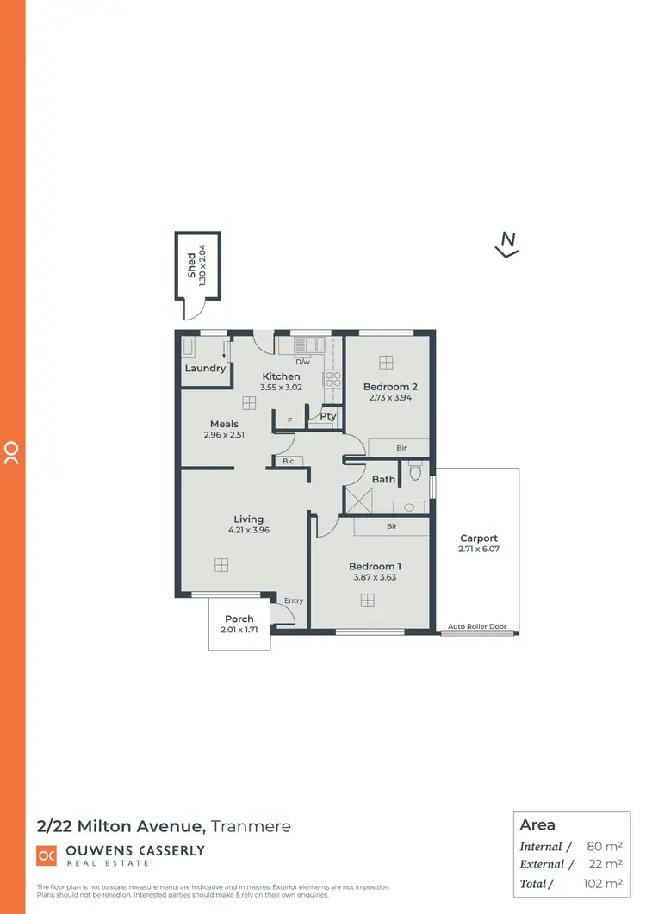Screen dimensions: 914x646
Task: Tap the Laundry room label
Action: tap(205, 368)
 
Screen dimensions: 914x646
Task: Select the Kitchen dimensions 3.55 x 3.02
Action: tap(281, 389)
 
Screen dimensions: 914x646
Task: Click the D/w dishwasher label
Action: tap(302, 362)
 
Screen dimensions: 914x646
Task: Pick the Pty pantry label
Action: tap(327, 416)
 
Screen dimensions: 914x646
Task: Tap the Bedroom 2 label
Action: tap(390, 387)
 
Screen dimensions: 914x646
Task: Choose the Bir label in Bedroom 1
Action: tap(392, 525)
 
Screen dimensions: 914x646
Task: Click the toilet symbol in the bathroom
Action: tap(414, 472)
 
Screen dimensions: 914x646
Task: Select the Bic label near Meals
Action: tap(288, 462)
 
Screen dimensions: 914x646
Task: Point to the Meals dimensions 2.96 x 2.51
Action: tap(224, 435)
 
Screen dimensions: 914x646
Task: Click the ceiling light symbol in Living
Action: tap(221, 564)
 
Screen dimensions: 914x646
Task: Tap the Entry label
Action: tap(294, 600)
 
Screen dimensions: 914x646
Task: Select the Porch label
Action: tap(239, 619)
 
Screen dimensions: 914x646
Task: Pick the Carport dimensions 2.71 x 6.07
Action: tap(479, 549)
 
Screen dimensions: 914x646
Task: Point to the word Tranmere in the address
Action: tap(251, 826)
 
